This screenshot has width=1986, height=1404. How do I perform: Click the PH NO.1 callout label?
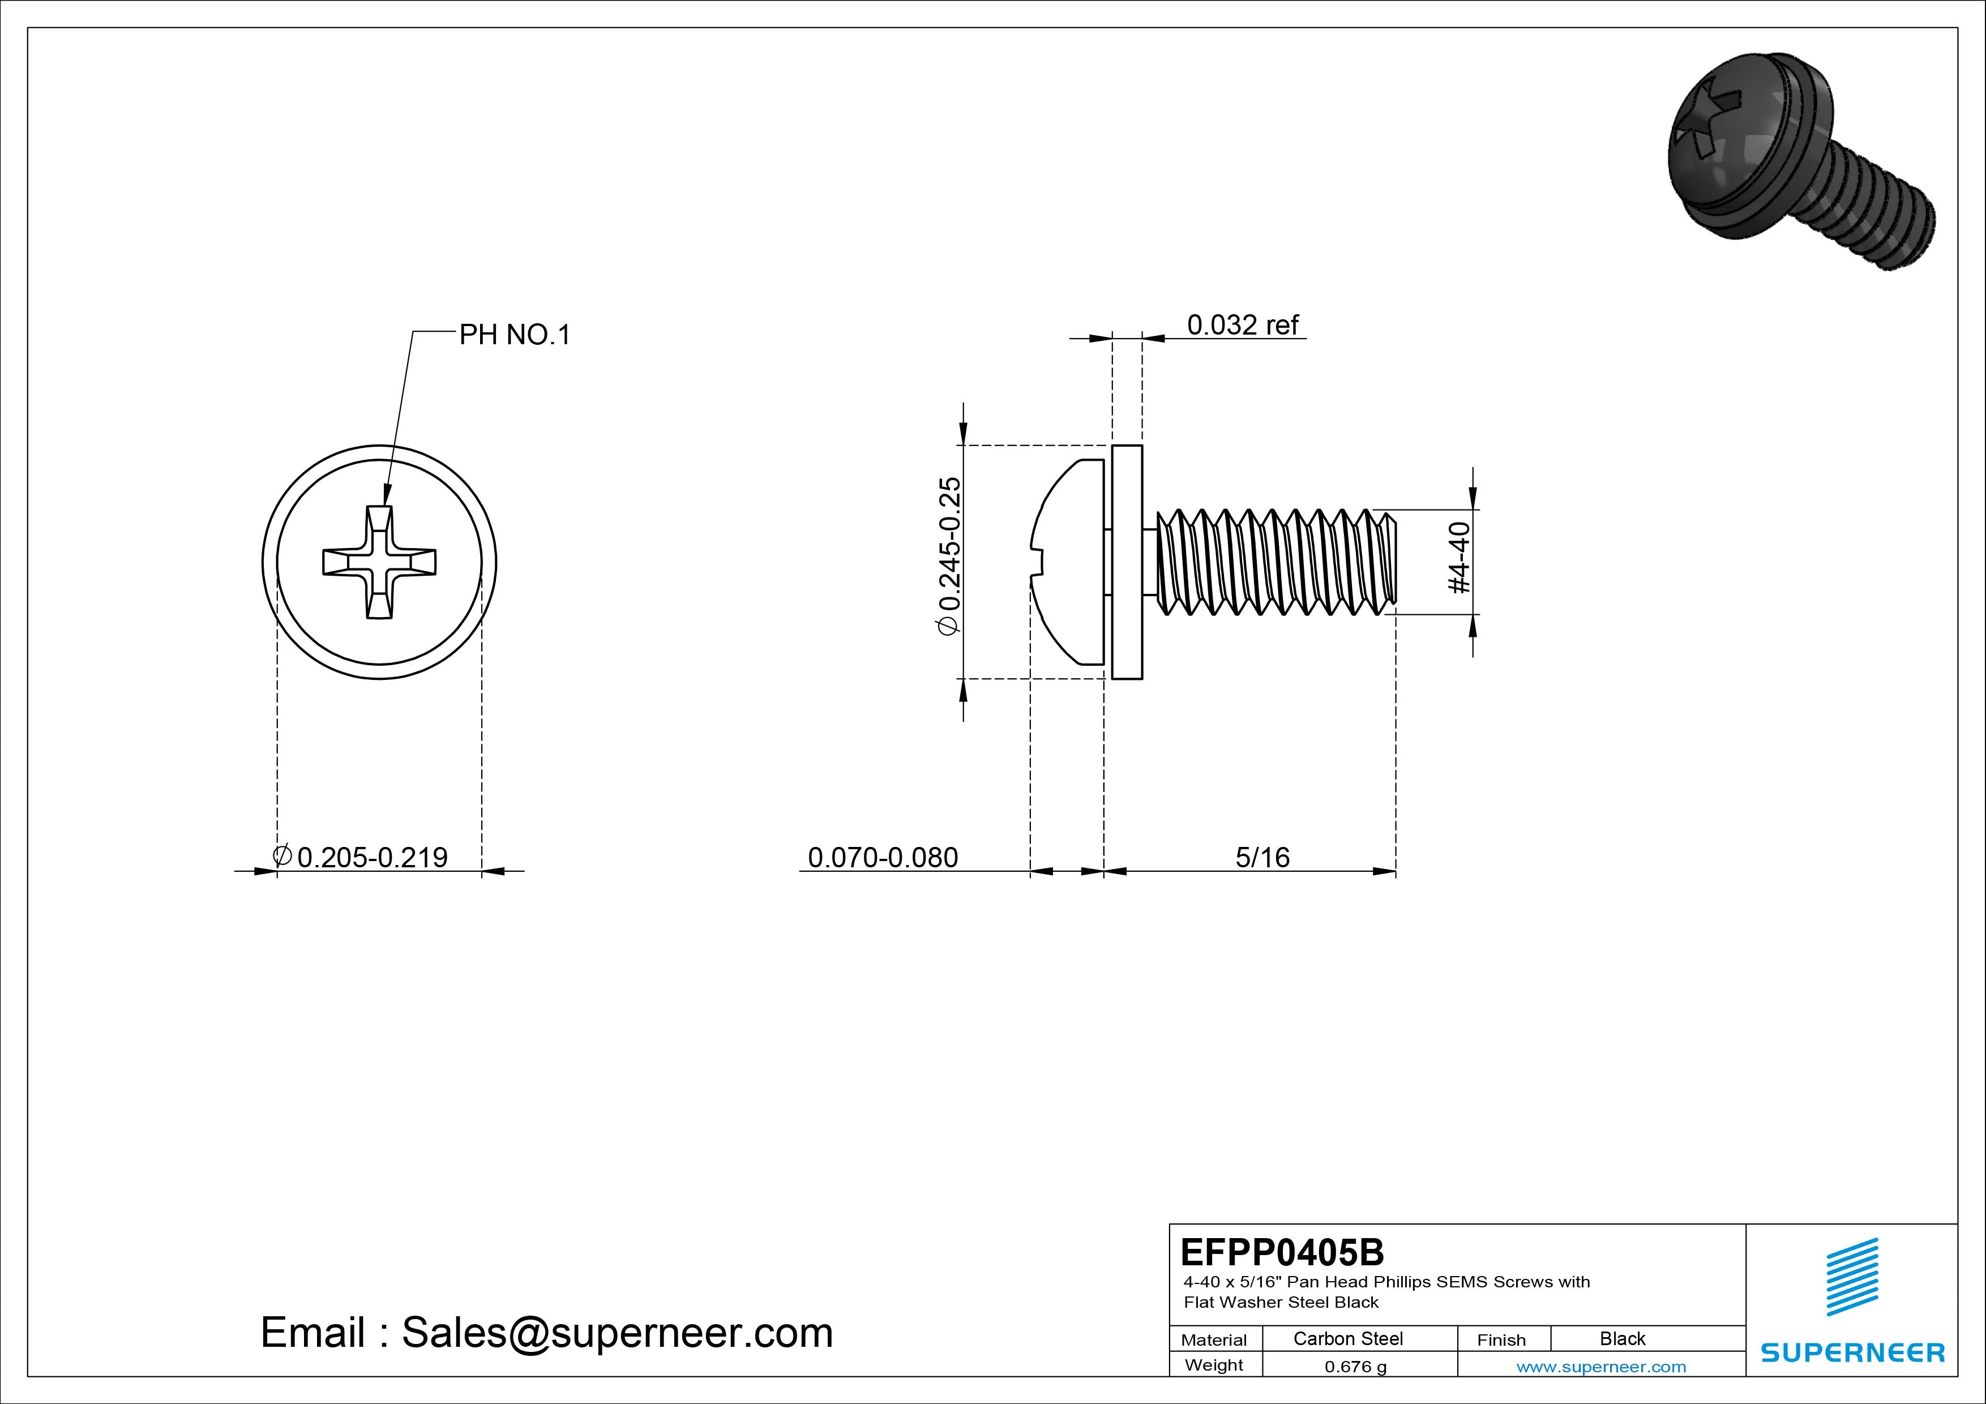(514, 335)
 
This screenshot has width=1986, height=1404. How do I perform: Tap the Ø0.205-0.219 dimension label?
(362, 857)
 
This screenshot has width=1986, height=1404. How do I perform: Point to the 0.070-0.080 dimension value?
(882, 857)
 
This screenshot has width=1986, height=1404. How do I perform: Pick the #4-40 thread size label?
(1459, 558)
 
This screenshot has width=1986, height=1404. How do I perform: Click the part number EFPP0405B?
(1282, 1252)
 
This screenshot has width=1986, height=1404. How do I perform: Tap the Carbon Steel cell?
(1347, 1338)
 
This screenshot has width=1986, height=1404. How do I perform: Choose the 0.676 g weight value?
(1355, 1367)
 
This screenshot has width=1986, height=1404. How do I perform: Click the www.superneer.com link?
(1601, 1367)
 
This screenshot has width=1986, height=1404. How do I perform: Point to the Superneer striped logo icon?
(1852, 1277)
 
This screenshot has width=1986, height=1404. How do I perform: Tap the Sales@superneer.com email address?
(617, 1333)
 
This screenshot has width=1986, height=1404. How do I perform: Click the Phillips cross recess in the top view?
(379, 562)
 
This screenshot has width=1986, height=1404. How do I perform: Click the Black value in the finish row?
(1622, 1338)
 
